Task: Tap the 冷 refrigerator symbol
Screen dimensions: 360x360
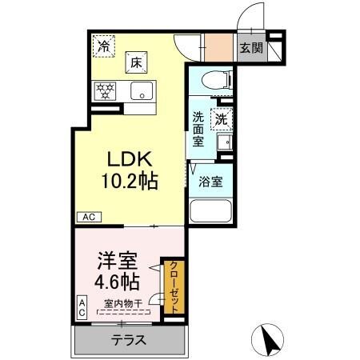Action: pyautogui.click(x=103, y=46)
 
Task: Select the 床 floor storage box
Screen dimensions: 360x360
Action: pyautogui.click(x=136, y=62)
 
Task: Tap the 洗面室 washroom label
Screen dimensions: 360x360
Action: pyautogui.click(x=198, y=128)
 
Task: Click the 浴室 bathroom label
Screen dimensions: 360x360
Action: pyautogui.click(x=211, y=181)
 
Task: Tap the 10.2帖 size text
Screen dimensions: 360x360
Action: pyautogui.click(x=129, y=181)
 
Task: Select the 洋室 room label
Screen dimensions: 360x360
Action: pyautogui.click(x=116, y=262)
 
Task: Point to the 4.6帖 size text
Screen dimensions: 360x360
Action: pyautogui.click(x=118, y=282)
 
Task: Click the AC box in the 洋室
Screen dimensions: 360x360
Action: pyautogui.click(x=82, y=306)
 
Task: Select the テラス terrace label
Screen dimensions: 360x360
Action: pyautogui.click(x=128, y=340)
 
